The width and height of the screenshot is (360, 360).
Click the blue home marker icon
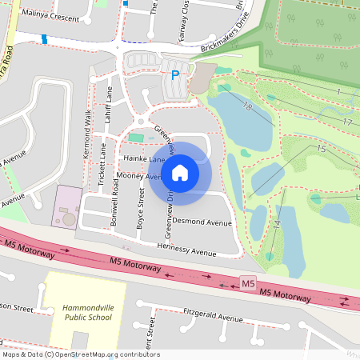(180, 171)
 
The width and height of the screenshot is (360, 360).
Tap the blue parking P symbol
(174, 76)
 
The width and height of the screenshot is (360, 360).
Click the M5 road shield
(247, 284)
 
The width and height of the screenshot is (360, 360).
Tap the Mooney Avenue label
(138, 175)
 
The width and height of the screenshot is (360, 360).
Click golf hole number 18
(247, 106)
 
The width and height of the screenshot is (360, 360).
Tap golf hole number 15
(321, 149)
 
